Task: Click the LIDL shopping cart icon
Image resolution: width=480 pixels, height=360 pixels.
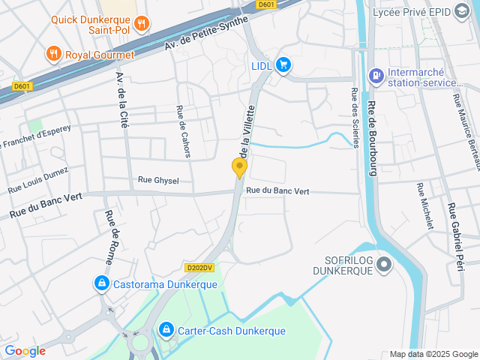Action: pyautogui.click(x=283, y=65)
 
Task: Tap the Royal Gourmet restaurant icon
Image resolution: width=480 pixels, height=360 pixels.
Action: pyautogui.click(x=52, y=53)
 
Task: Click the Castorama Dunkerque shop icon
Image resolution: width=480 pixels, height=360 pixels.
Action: pyautogui.click(x=100, y=283)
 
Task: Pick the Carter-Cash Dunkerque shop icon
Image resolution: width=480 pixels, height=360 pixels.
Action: pyautogui.click(x=166, y=329)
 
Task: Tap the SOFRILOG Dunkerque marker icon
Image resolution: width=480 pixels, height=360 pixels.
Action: pyautogui.click(x=384, y=264)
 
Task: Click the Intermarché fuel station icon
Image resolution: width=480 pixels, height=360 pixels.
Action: pyautogui.click(x=374, y=75)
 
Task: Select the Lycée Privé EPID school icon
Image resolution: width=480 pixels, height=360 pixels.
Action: pyautogui.click(x=460, y=12)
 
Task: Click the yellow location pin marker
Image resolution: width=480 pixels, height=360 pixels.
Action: pyautogui.click(x=240, y=168)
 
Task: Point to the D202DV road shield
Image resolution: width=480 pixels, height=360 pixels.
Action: pyautogui.click(x=199, y=268)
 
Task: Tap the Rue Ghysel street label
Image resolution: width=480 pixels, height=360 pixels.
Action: pyautogui.click(x=158, y=180)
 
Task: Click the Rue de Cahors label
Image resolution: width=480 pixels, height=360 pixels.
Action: pyautogui.click(x=183, y=131)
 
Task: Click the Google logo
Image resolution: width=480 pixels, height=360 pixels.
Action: pyautogui.click(x=25, y=350)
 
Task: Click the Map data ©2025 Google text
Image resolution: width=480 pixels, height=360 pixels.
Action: pyautogui.click(x=433, y=354)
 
